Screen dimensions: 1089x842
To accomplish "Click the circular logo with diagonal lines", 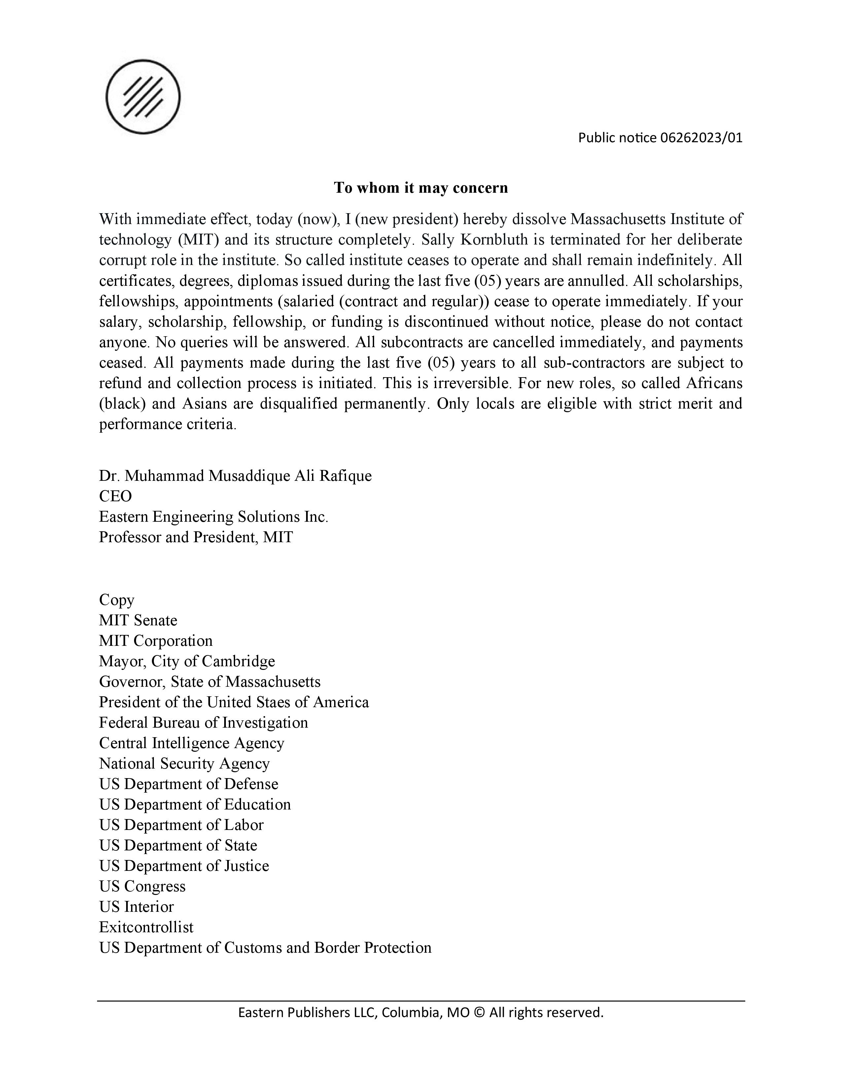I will click(x=143, y=97).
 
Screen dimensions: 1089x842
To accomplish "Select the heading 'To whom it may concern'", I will click(x=420, y=188).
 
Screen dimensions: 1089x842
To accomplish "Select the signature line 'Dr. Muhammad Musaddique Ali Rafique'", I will click(x=235, y=476).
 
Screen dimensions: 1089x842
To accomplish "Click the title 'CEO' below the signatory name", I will click(x=115, y=496).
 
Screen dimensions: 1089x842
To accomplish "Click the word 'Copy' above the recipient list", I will click(x=117, y=599).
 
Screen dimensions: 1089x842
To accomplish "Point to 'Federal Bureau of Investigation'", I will click(x=203, y=722).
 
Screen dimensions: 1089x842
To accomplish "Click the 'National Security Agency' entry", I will click(x=184, y=763).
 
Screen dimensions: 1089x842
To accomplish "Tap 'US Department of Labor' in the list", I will click(x=181, y=825).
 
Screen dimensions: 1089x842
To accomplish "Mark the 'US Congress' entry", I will click(x=142, y=886).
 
